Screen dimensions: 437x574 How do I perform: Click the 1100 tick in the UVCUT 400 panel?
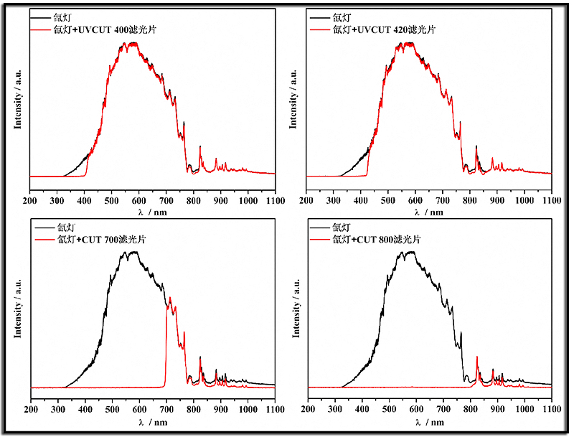point(276,202)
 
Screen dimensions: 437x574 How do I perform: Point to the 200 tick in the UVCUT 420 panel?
point(307,202)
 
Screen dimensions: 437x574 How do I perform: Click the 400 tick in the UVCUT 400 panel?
point(85,202)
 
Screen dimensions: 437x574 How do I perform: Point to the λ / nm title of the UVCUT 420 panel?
point(429,213)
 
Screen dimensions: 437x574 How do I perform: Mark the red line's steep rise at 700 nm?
point(166,344)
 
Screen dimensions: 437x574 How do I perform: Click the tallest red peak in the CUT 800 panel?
point(477,357)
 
